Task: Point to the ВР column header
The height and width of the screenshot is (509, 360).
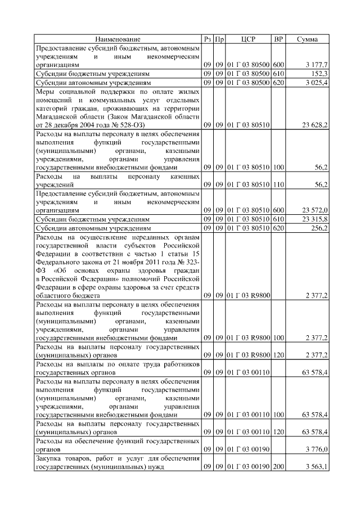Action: pos(278,39)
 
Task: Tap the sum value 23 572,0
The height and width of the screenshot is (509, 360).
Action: pos(316,209)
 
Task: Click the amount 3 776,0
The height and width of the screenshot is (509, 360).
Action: pos(317,450)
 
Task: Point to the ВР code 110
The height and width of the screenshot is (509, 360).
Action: pos(278,184)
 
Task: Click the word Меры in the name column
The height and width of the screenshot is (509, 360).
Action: pos(45,91)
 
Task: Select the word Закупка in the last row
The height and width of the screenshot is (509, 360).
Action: pos(49,459)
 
